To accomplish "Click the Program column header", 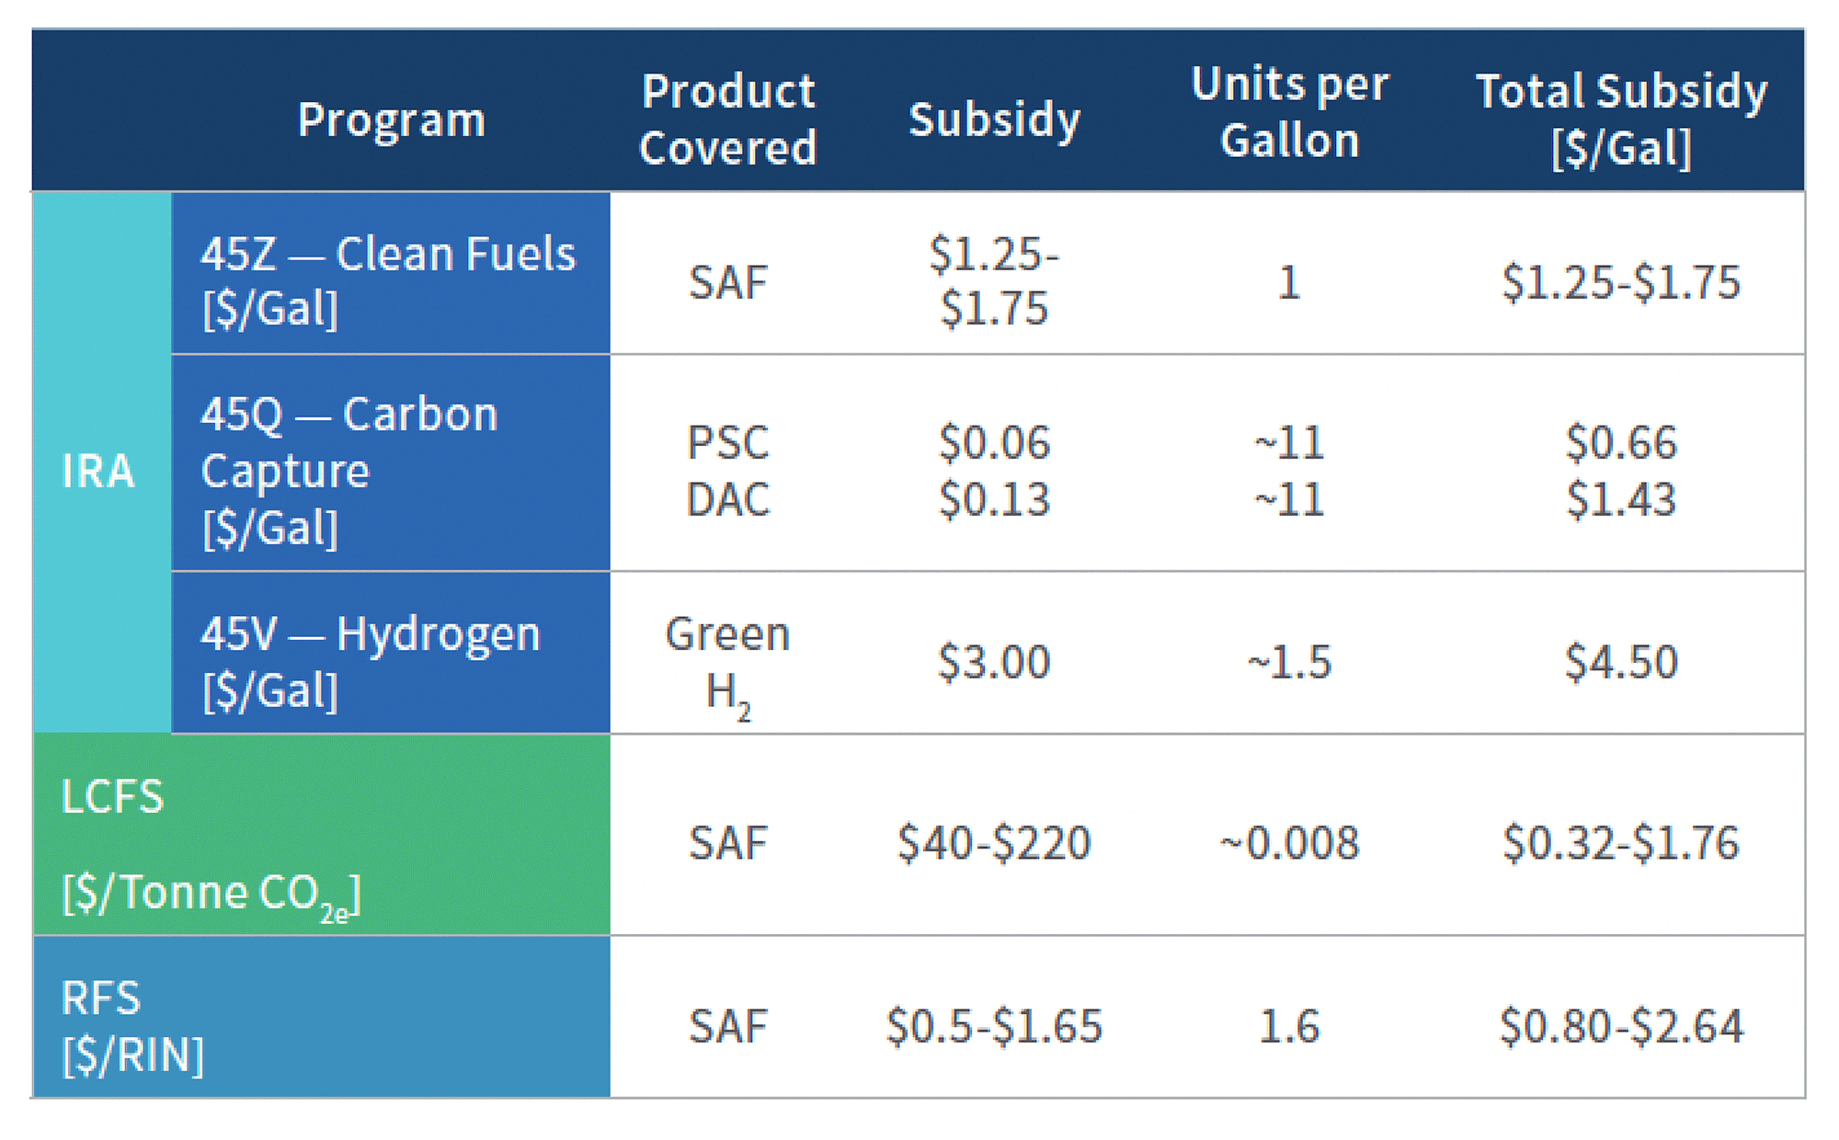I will pos(392,120).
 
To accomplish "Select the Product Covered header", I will pos(727,120).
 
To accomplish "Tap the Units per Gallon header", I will pos(1289,112).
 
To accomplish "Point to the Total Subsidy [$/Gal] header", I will pos(1621,120).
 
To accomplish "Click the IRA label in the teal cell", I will pos(98,471).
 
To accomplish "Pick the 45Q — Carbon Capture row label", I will pos(349,470).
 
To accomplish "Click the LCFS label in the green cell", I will pos(112,796).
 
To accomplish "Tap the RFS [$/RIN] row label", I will pos(132,1025).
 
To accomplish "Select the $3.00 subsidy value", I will pos(994,662).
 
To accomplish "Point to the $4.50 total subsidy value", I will pos(1621,662).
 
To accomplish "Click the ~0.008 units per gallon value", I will pos(1289,842).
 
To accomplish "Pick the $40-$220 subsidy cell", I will pos(994,842).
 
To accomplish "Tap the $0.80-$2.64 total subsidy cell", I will pos(1621,1025).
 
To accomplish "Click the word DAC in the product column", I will pos(727,500).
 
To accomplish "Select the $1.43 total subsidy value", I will pos(1621,500).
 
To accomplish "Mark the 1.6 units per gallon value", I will pos(1289,1025).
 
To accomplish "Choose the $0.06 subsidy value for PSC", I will pos(994,442).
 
